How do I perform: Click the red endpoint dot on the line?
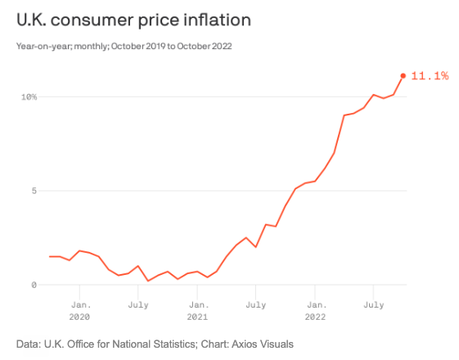403,76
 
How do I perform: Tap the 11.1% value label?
430,76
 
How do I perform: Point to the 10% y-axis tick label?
29,97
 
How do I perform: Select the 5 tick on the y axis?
34,191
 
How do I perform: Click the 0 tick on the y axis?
34,286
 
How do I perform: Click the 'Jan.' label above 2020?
79,304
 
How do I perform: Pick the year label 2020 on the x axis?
79,316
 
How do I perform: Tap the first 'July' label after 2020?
137,304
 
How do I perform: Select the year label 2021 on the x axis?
197,316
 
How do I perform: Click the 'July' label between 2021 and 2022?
255,304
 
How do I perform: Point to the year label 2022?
315,316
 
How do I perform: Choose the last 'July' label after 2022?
373,304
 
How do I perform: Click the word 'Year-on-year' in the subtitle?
38,46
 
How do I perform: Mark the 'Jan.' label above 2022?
315,304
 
